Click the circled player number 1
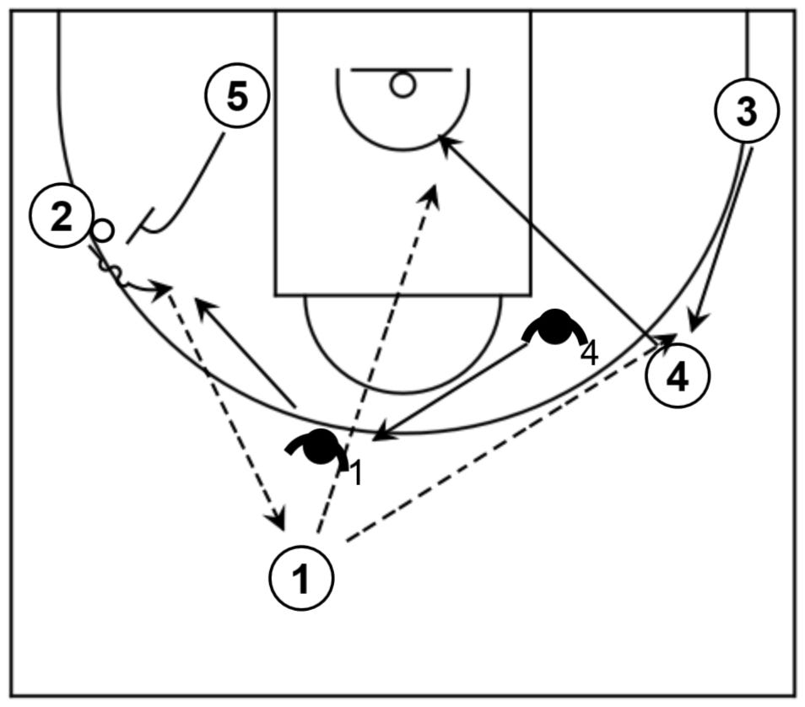click(301, 579)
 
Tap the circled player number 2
click(61, 218)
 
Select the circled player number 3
click(746, 112)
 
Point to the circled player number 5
click(237, 97)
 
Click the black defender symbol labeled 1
click(320, 446)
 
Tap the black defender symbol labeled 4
click(554, 327)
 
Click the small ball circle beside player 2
click(103, 229)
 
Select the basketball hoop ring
click(402, 84)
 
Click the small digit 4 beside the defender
click(589, 353)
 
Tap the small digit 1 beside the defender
click(356, 474)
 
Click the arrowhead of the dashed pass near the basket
click(433, 192)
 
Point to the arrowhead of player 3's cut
click(694, 324)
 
